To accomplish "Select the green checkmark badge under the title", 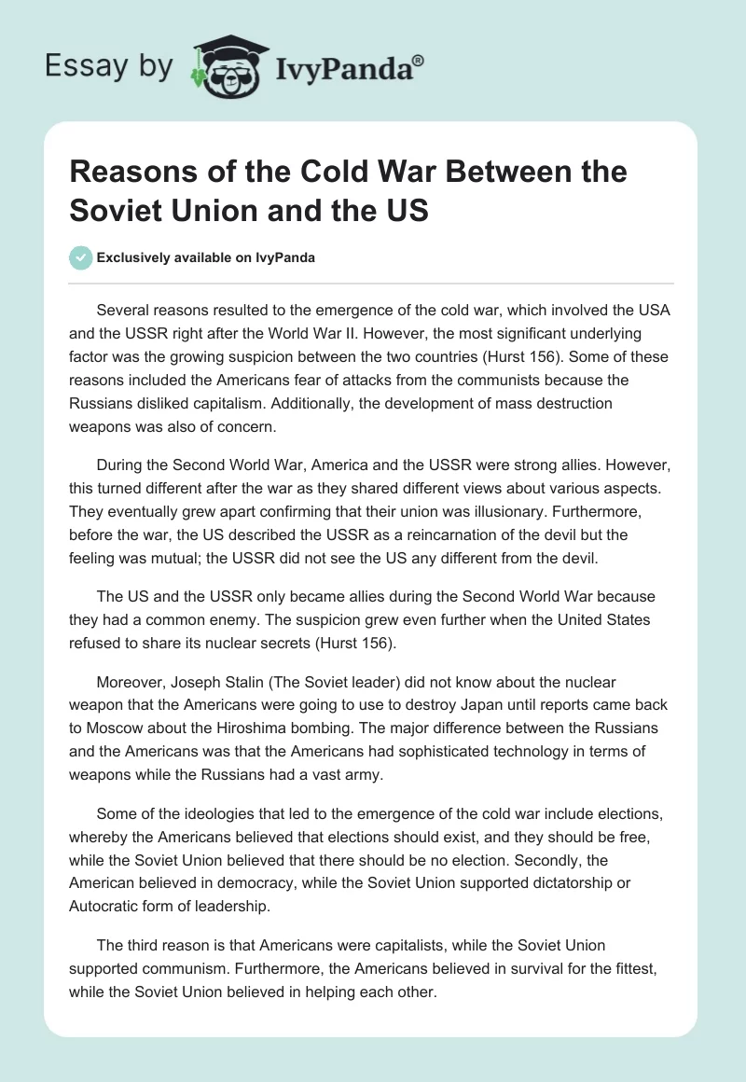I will point(81,257).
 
